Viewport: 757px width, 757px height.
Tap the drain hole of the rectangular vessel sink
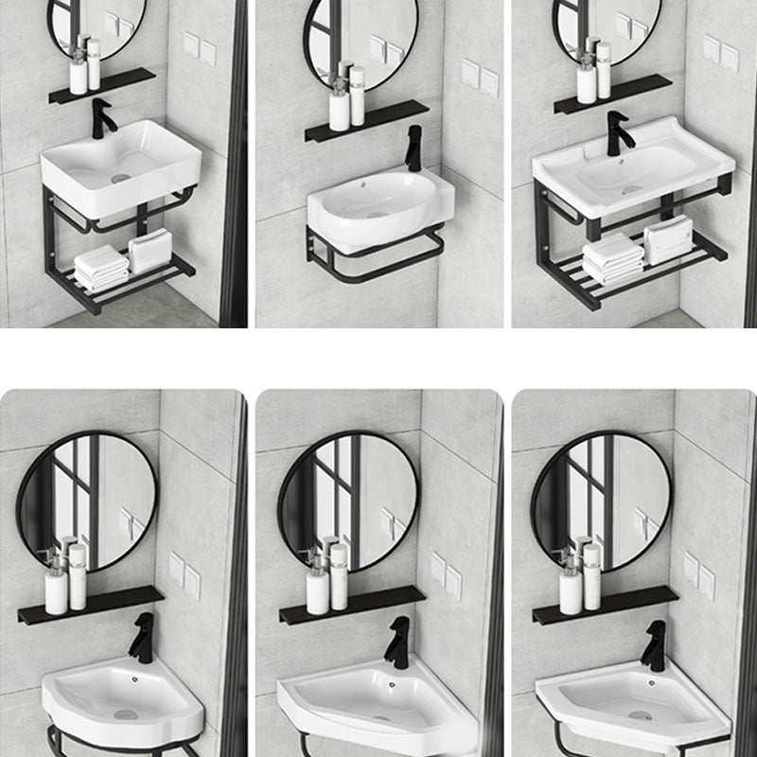(x=120, y=177)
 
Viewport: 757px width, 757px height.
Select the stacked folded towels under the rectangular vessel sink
(x=100, y=268)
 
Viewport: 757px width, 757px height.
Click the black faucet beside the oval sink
(x=414, y=149)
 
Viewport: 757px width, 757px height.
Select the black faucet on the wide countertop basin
(x=618, y=133)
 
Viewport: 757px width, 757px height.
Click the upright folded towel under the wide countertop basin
(x=668, y=238)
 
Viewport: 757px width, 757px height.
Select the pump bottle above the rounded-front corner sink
(x=56, y=584)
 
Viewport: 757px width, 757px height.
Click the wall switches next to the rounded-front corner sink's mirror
(x=185, y=573)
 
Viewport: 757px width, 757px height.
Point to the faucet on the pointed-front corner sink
(x=398, y=642)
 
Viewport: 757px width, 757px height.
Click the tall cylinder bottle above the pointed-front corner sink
(x=338, y=576)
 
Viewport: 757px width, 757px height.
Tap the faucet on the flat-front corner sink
(x=654, y=646)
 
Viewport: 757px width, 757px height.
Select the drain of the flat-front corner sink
(x=640, y=716)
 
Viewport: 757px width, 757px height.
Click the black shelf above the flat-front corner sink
(x=605, y=605)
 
